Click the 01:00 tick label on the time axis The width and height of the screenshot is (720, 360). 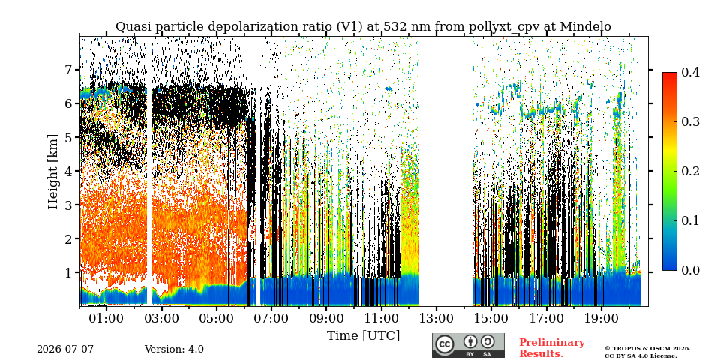(106, 318)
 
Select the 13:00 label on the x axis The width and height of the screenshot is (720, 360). (436, 318)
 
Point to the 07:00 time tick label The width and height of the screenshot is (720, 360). (271, 318)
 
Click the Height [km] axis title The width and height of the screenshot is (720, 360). (54, 172)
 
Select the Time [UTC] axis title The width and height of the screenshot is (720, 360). (363, 336)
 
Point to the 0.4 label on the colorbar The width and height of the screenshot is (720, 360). (690, 72)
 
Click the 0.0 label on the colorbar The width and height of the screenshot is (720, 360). (690, 270)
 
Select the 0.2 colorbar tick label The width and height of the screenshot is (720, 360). (690, 171)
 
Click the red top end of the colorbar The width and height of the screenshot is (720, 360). (670, 73)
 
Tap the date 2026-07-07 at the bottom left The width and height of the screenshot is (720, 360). (65, 349)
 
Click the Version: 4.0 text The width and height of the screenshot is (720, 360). (174, 349)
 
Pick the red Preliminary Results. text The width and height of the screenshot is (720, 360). (552, 348)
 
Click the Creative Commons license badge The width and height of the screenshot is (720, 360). (468, 345)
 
